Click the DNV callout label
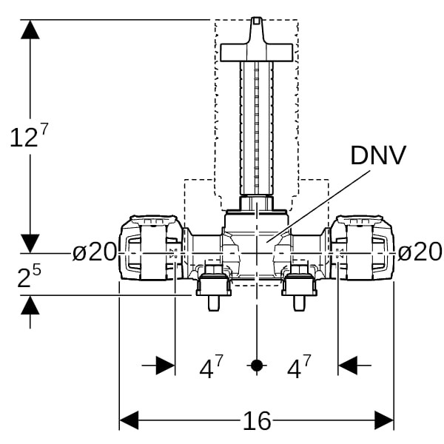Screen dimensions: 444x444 click(377, 155)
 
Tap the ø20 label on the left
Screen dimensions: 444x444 click(95, 252)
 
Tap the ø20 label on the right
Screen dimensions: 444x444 click(420, 252)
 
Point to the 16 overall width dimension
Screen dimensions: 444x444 click(256, 421)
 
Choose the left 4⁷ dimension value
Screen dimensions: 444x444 click(211, 367)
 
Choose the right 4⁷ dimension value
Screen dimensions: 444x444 click(299, 367)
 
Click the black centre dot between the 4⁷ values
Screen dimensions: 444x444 click(256, 366)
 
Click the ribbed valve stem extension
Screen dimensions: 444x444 click(256, 129)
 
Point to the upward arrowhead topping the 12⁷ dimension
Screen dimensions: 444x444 click(30, 30)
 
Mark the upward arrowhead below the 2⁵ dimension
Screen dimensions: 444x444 click(30, 305)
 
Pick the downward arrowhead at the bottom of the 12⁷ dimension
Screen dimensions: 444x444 click(30, 243)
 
